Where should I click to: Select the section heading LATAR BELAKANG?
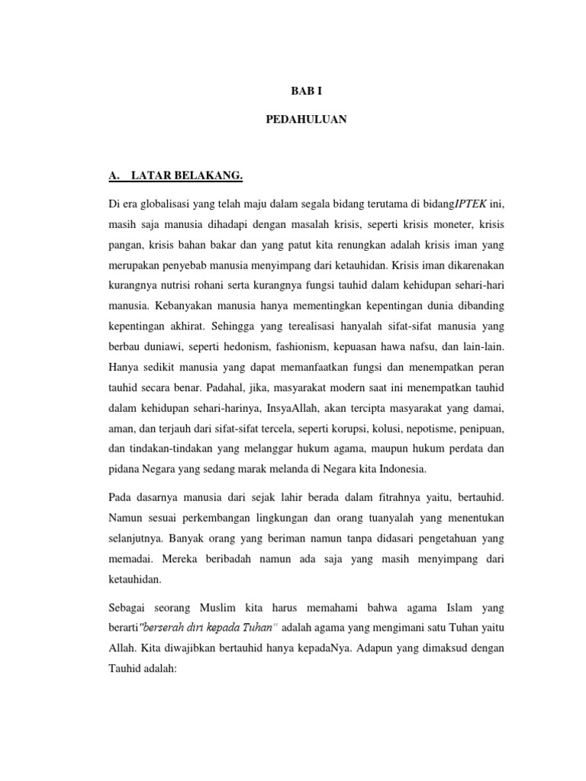tap(187, 177)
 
